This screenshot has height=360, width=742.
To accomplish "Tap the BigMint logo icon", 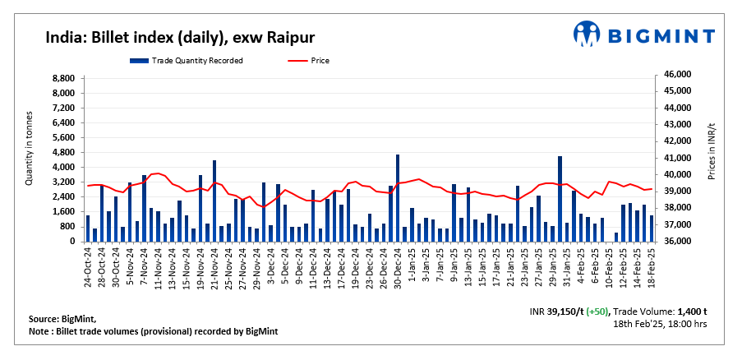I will tap(588, 35).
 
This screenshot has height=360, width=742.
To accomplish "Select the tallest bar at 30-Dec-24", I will tap(398, 197).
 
